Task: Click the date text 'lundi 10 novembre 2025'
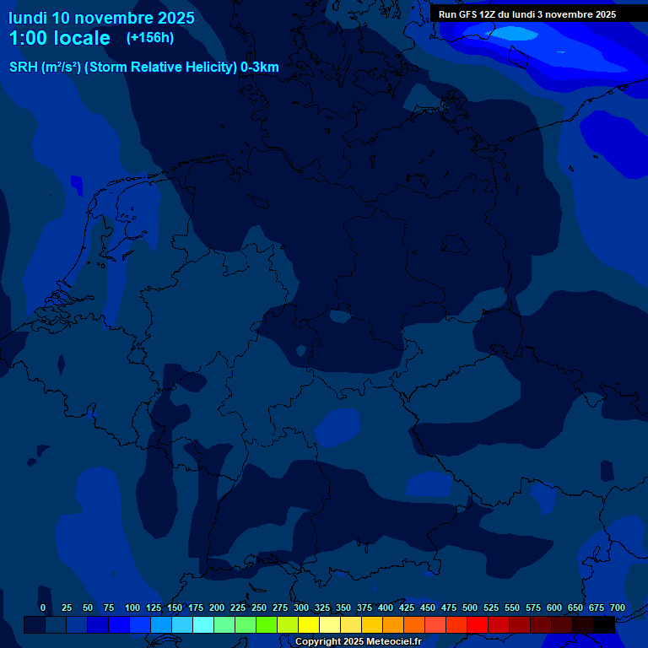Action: point(101,17)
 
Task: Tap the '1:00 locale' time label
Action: point(59,38)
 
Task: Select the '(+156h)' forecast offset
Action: point(151,38)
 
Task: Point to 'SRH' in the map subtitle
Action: point(24,67)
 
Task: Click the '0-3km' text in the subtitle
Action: point(260,67)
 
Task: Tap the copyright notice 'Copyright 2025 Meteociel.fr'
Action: point(358,642)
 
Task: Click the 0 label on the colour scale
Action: point(43,608)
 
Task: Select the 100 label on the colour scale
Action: point(132,608)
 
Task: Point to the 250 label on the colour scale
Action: point(259,608)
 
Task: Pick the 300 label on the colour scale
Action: point(301,608)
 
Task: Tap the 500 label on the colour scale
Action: point(470,608)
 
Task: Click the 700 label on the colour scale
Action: point(618,608)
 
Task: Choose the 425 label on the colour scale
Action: point(407,608)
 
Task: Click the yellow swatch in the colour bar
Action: point(309,624)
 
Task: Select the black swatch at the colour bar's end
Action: point(604,624)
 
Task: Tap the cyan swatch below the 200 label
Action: point(203,624)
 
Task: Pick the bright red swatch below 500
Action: point(478,624)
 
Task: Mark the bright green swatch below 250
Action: point(267,624)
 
